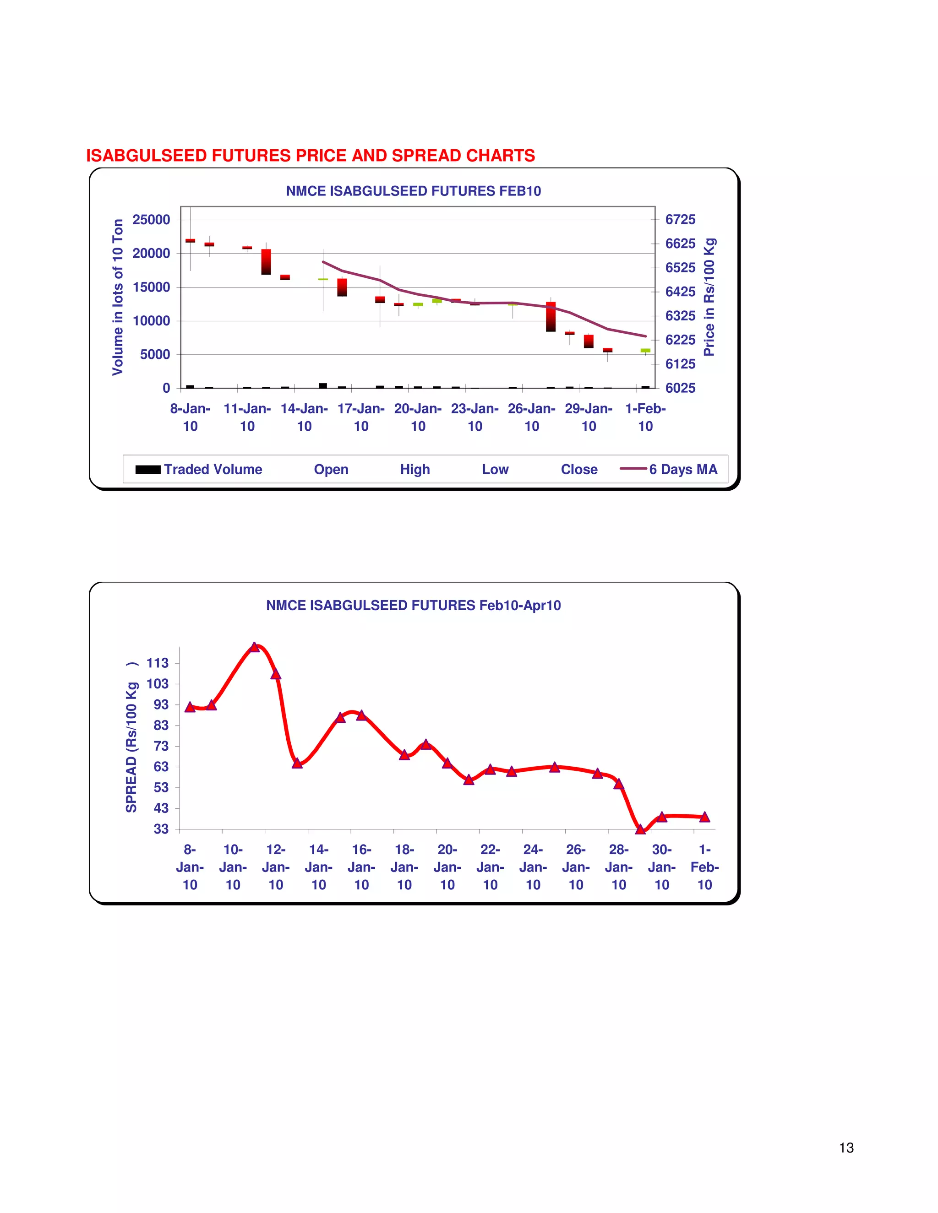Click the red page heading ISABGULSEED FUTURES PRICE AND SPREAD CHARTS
310,156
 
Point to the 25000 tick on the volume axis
151,220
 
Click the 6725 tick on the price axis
680,220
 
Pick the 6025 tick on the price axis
680,388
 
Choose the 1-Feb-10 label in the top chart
645,417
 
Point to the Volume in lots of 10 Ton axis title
117,297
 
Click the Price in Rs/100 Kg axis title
709,297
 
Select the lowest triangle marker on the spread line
640,829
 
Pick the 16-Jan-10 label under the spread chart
361,867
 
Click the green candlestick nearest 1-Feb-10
645,351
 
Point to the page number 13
846,1148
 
